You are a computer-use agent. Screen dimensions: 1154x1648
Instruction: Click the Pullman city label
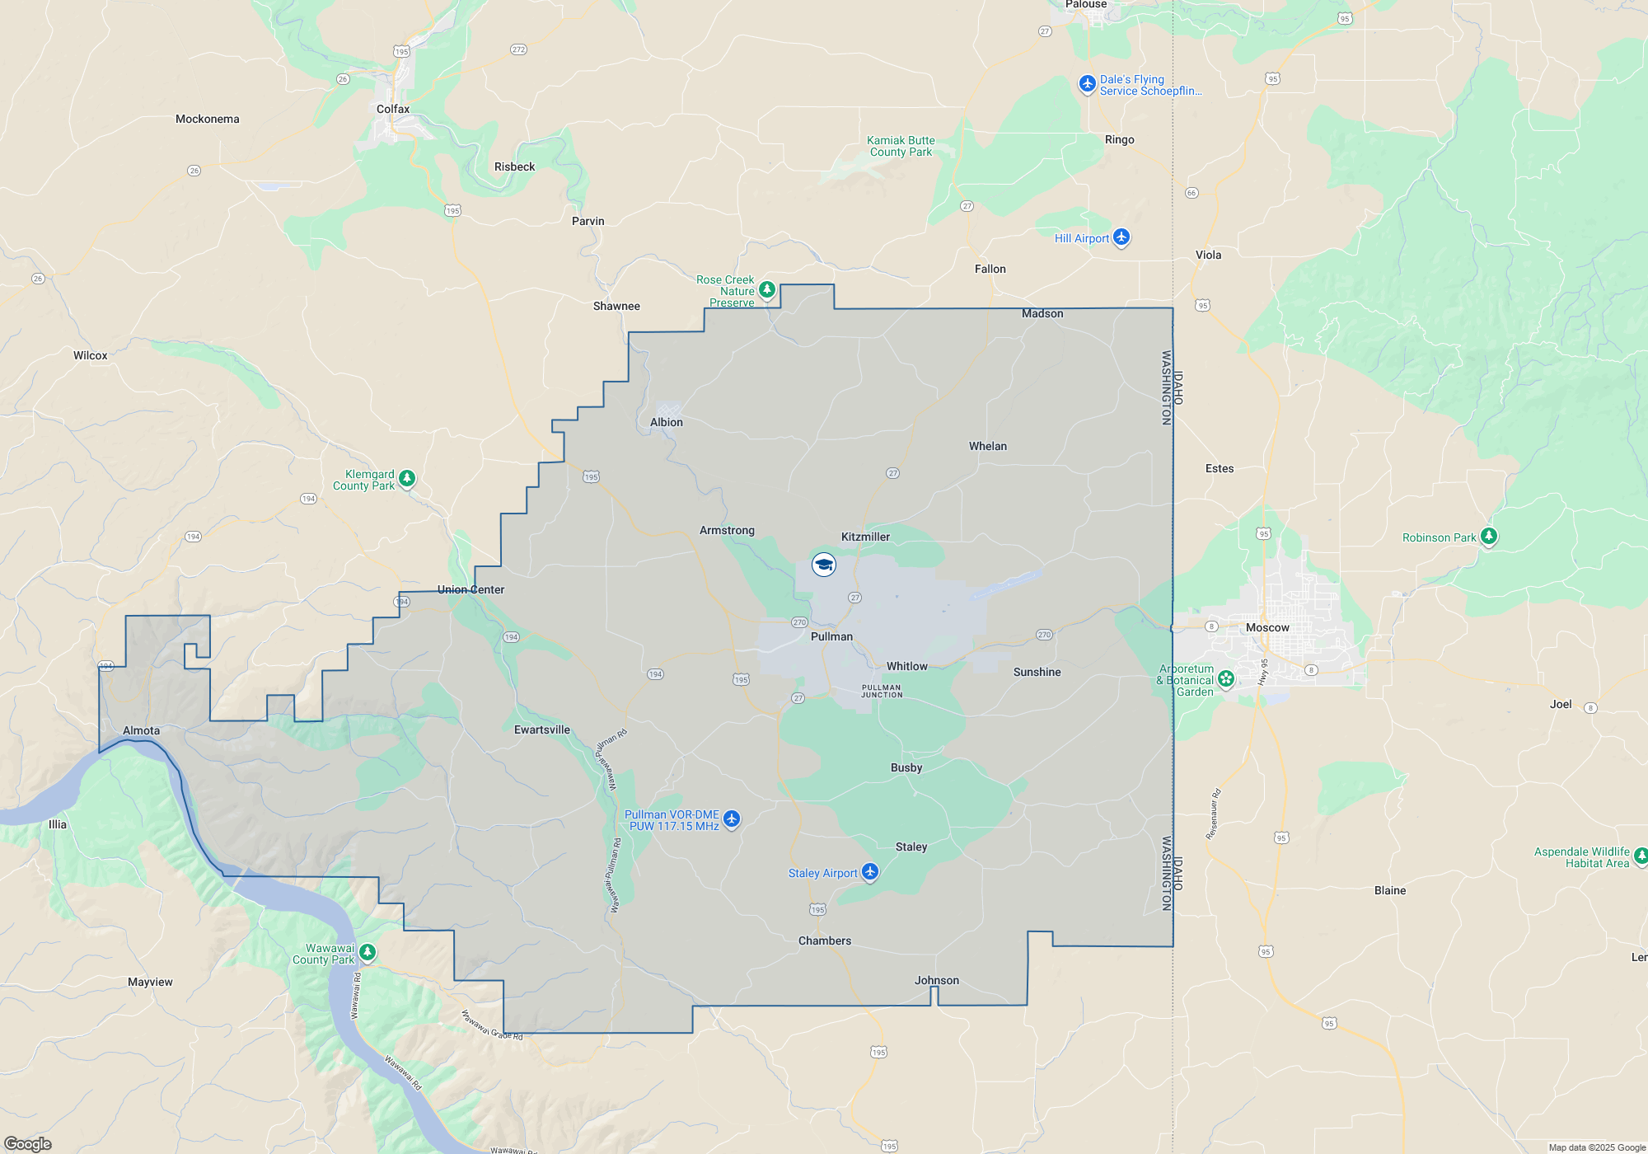point(831,636)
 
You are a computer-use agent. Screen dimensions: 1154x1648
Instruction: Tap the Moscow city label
point(1267,627)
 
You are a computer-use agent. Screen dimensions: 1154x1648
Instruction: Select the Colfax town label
point(393,109)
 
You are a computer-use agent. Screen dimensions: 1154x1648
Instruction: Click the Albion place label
point(666,422)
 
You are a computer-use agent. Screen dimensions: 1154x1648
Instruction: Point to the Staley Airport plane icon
point(870,872)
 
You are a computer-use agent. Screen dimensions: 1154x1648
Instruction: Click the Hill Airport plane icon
point(1121,237)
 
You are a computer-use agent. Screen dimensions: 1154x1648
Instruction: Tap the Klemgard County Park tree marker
point(406,479)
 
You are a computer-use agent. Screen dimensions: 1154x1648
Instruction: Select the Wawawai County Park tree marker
point(368,952)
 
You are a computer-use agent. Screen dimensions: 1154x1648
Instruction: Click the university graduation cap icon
point(824,565)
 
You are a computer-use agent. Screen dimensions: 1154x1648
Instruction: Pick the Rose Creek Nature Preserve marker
point(767,289)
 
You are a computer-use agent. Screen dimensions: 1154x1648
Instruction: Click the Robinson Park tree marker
point(1488,537)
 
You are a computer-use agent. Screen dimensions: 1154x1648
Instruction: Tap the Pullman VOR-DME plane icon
point(731,819)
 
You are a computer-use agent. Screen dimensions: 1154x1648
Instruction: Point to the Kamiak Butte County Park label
point(901,146)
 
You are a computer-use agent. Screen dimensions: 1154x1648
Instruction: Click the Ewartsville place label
point(541,729)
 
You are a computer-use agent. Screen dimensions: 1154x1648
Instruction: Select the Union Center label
point(471,589)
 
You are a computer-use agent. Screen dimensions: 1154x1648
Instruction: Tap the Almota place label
point(141,730)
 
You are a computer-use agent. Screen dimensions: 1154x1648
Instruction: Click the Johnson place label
point(937,980)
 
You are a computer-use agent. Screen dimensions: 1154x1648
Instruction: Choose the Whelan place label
point(987,446)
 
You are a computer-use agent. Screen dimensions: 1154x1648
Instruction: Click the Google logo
point(28,1144)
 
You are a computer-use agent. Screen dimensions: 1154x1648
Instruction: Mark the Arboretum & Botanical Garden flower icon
point(1226,679)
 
